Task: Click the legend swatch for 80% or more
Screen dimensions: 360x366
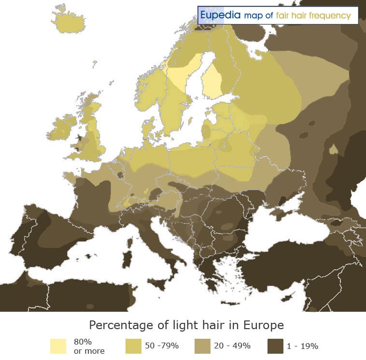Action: tap(58, 346)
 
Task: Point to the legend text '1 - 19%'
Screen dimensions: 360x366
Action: tap(302, 346)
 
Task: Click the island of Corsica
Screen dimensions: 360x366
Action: tap(130, 236)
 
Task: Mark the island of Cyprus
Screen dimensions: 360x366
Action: tap(289, 295)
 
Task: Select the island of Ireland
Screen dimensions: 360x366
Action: tap(61, 128)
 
